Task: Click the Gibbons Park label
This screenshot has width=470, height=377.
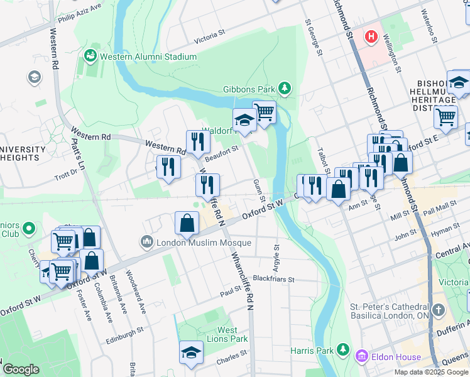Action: (x=249, y=89)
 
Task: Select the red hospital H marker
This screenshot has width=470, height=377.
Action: (x=371, y=37)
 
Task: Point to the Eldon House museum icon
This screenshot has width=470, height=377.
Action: (x=361, y=357)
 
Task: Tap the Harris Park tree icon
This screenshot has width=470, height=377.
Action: (x=342, y=349)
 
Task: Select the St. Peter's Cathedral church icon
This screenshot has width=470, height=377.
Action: (x=439, y=311)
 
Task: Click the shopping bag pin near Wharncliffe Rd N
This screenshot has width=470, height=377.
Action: (x=187, y=222)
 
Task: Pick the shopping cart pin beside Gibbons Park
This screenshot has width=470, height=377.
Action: (x=265, y=112)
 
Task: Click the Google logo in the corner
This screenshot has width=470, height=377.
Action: (x=21, y=369)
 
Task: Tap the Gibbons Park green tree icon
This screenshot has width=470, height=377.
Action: (x=285, y=89)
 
